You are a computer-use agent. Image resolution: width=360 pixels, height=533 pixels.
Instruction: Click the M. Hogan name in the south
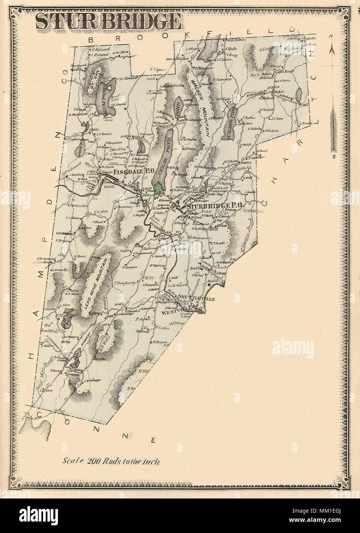(158, 342)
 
